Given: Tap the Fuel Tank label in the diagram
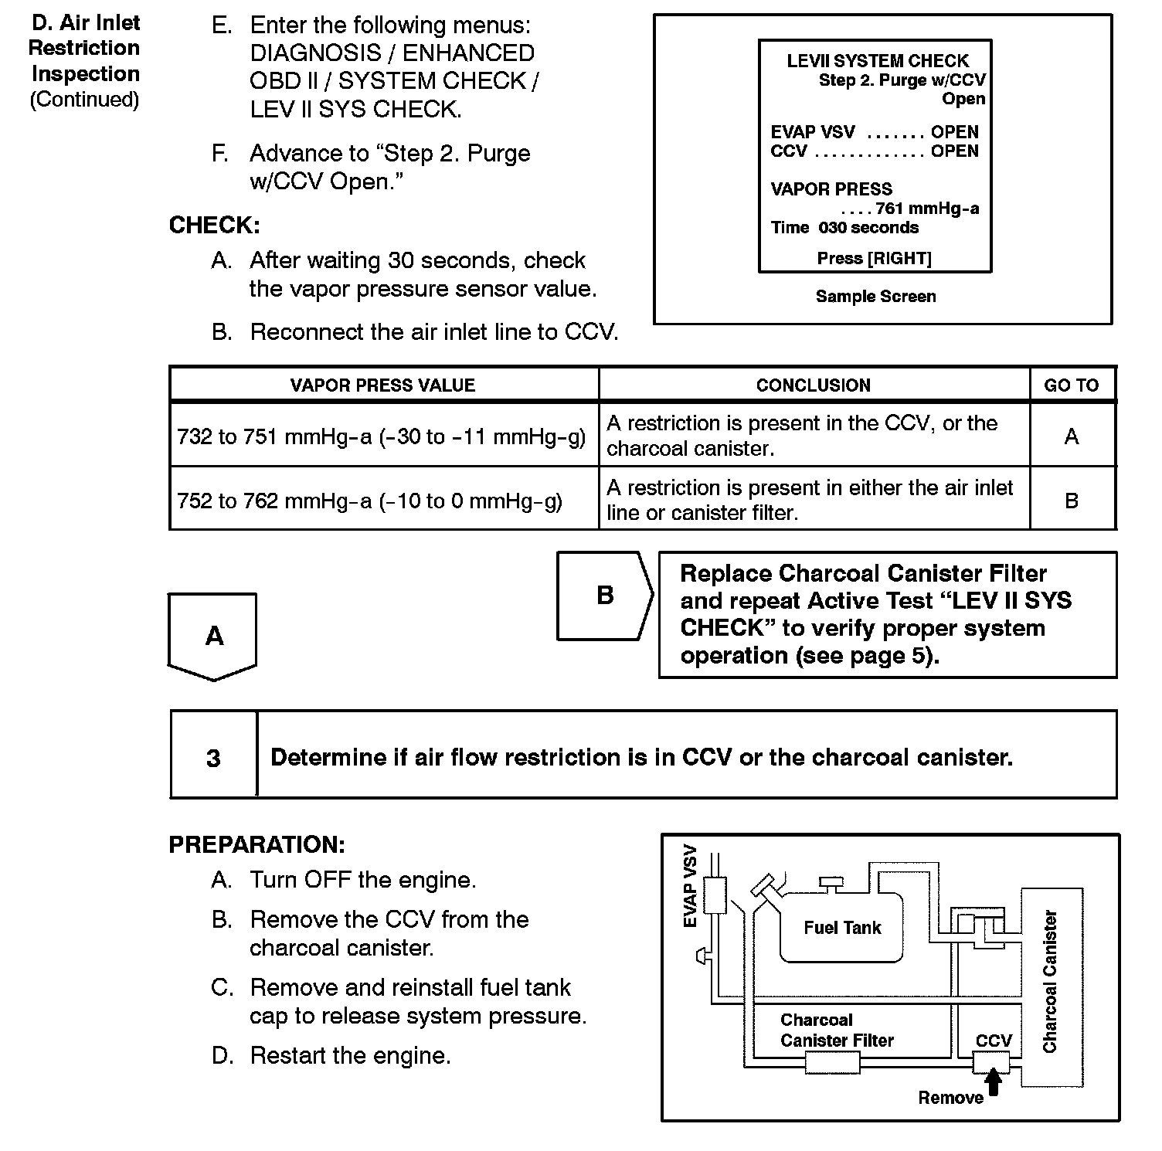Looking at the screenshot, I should coord(842,928).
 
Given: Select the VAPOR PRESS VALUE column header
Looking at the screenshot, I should coord(382,385).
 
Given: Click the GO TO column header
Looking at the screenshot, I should coord(1071,385).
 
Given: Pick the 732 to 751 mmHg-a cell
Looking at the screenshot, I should coord(382,437).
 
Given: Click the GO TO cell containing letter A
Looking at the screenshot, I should coord(1072,437).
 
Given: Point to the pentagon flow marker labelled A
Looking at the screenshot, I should coord(213,636).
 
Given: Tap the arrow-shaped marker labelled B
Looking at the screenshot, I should coord(605,596).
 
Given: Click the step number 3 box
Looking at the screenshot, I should coord(213,758).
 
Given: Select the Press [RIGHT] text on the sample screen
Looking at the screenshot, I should coord(874,258).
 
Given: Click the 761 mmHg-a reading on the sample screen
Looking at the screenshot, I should coord(926,209).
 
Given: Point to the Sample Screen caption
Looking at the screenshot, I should coord(875,296).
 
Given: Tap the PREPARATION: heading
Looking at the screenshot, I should coord(257,844).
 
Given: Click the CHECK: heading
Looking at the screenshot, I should coord(214,226).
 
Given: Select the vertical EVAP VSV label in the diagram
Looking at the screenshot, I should coord(690,886).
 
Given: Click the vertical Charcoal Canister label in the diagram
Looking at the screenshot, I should coord(1049,981).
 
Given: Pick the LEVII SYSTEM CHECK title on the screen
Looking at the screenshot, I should coord(877,61).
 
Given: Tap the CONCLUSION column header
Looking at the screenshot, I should coord(813,385).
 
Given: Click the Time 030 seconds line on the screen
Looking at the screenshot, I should coord(844,228).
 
